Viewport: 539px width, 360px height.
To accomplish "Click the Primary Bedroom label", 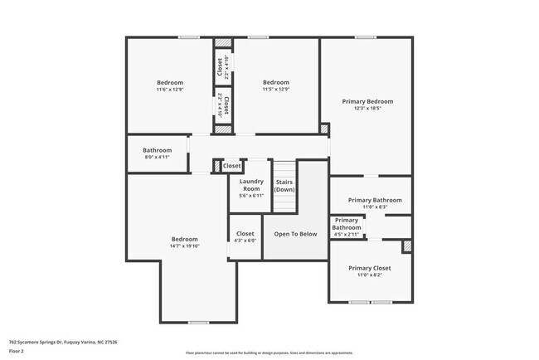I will click(367, 101).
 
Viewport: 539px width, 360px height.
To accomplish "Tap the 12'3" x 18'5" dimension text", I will click(367, 109).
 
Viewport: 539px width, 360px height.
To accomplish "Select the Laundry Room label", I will click(251, 185).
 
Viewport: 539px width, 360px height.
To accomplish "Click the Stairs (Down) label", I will click(284, 185).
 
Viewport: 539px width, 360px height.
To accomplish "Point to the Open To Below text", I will click(295, 234).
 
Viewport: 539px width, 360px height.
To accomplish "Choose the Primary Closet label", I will click(369, 268).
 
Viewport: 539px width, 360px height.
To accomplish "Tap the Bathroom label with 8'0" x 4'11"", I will click(157, 150).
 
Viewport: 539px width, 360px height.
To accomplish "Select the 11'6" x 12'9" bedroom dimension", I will click(171, 90).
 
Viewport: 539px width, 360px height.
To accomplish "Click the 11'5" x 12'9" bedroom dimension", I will click(276, 90).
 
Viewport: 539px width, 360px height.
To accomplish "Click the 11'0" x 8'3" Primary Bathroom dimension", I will click(375, 207).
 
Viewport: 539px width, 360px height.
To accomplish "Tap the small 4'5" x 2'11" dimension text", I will click(347, 235).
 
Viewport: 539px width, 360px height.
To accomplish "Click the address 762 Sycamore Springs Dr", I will click(63, 341).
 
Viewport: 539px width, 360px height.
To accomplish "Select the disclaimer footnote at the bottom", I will click(269, 353).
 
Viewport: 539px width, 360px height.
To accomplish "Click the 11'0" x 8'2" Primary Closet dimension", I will click(369, 275).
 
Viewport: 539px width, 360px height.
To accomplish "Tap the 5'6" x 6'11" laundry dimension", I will click(251, 196).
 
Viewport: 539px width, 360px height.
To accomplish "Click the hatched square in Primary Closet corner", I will click(407, 246).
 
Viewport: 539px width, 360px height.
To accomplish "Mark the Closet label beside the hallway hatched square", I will click(232, 166).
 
